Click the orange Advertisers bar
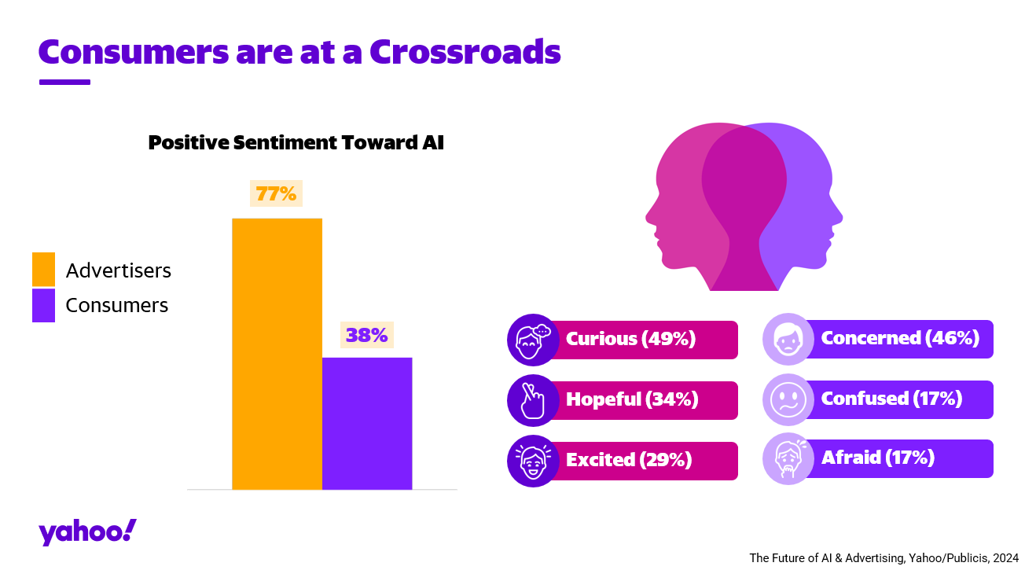click(x=277, y=354)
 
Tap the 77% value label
click(x=276, y=193)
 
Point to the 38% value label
click(x=367, y=335)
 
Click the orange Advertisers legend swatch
click(x=43, y=270)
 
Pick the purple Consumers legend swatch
click(x=43, y=305)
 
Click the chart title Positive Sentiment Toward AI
click(x=296, y=143)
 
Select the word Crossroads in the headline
click(x=465, y=51)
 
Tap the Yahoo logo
click(x=87, y=532)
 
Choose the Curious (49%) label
click(x=631, y=339)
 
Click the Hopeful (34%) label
click(x=632, y=399)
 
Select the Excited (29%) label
click(x=629, y=460)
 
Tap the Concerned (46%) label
click(x=900, y=338)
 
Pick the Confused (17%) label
click(x=891, y=399)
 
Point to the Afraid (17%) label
click(x=877, y=458)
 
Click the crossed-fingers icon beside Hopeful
click(x=531, y=400)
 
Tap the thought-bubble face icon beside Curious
click(x=532, y=340)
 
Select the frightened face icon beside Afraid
click(x=787, y=458)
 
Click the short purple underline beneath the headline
click(x=64, y=82)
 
